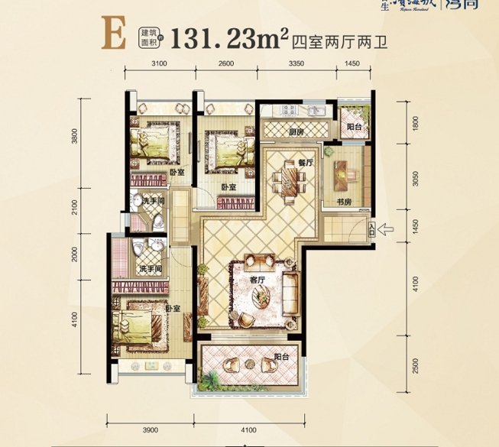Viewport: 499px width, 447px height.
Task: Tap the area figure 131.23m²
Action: coord(225,37)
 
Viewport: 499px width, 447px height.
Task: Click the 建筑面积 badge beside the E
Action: coord(148,37)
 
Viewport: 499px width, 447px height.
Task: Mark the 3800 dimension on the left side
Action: coord(75,136)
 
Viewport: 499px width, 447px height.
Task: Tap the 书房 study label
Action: coord(343,202)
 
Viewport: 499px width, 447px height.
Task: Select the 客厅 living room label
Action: coord(257,280)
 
